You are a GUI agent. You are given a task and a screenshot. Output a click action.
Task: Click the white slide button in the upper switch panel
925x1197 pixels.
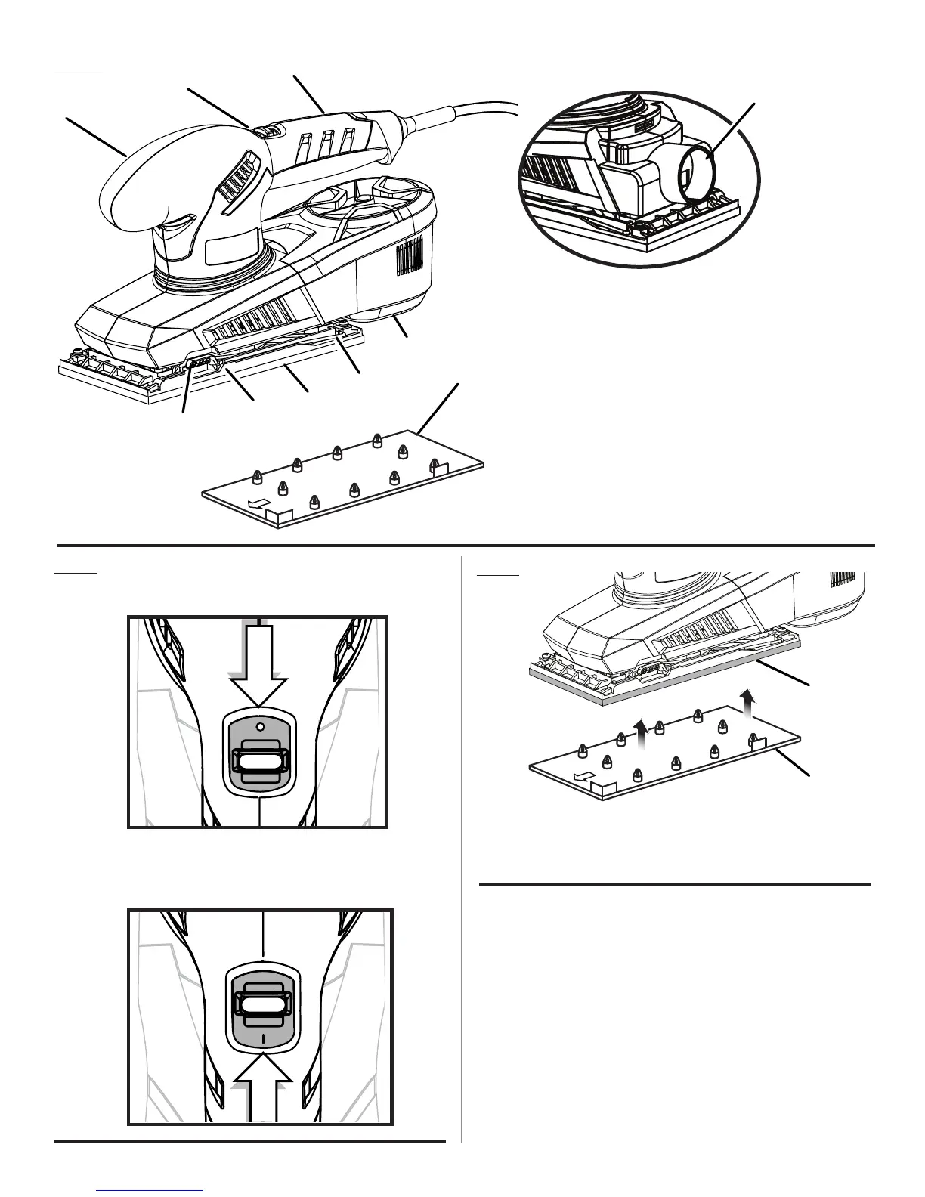coord(258,761)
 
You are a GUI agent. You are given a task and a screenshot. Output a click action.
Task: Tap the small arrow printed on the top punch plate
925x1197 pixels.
coord(258,504)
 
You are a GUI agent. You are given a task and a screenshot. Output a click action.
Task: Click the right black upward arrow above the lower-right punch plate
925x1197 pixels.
coord(747,701)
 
